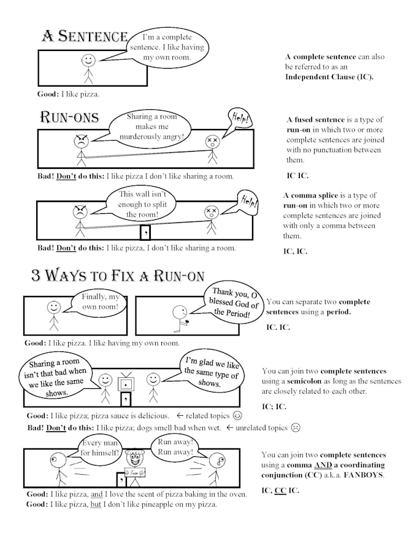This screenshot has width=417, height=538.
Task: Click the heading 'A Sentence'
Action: click(x=85, y=36)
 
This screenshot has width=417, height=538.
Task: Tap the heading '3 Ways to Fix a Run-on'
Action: click(x=118, y=275)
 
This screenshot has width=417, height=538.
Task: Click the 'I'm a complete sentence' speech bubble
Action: click(x=167, y=47)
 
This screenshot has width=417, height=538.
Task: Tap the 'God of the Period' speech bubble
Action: click(x=233, y=303)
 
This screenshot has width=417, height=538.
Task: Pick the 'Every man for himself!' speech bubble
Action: click(x=99, y=448)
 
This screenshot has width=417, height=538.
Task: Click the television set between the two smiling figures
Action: click(x=126, y=382)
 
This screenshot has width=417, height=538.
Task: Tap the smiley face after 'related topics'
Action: click(x=237, y=416)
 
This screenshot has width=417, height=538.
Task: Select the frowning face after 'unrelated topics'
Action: click(x=296, y=427)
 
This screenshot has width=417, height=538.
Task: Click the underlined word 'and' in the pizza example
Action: click(x=97, y=494)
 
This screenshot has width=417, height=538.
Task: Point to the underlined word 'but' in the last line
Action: click(x=96, y=504)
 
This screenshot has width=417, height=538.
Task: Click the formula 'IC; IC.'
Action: click(x=274, y=407)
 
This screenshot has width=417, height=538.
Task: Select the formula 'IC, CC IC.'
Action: click(x=280, y=490)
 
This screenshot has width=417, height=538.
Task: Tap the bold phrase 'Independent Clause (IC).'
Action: click(x=329, y=77)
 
